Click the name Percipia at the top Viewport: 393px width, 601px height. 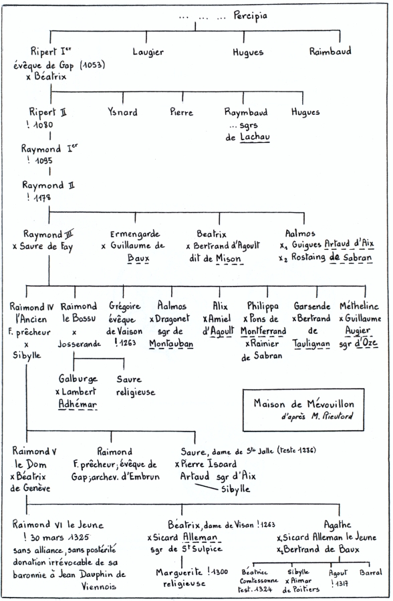[x=250, y=17]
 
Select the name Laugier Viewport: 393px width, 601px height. [x=148, y=52]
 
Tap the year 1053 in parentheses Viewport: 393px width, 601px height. [x=92, y=65]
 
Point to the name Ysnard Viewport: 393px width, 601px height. [x=122, y=112]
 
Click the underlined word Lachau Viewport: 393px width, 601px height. [x=255, y=137]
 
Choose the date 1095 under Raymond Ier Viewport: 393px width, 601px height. [x=43, y=160]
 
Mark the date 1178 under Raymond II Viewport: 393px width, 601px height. [x=42, y=198]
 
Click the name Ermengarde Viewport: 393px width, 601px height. [x=135, y=234]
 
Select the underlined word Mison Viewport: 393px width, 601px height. [x=229, y=258]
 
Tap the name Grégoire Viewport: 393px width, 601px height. [x=125, y=307]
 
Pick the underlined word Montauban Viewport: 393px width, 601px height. [x=171, y=343]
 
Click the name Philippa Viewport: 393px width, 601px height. [x=263, y=307]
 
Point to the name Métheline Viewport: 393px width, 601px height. [x=359, y=306]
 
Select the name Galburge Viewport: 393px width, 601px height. [x=78, y=379]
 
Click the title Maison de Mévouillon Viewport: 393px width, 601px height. [x=303, y=403]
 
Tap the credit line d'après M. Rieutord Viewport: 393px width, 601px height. [x=317, y=416]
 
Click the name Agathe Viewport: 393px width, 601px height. [x=338, y=525]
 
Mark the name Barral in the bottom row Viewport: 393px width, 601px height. [x=371, y=573]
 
